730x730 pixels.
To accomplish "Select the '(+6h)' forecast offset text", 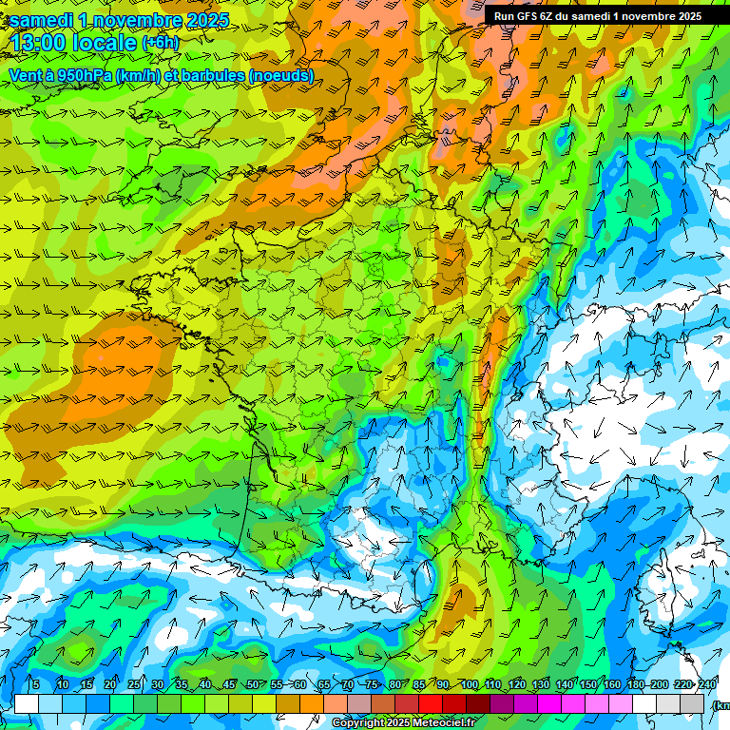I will tap(160, 43).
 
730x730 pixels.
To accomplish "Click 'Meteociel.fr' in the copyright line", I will tap(443, 723).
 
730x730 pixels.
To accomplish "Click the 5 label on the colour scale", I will tap(36, 685).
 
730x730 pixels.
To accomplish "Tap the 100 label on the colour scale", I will tap(469, 685).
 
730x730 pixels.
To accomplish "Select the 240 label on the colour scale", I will tap(707, 685).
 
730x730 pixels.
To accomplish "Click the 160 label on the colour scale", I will tap(611, 685).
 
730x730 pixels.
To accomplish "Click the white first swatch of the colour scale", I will tap(27, 703).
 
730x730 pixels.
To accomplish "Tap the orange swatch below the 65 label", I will tap(312, 703).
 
